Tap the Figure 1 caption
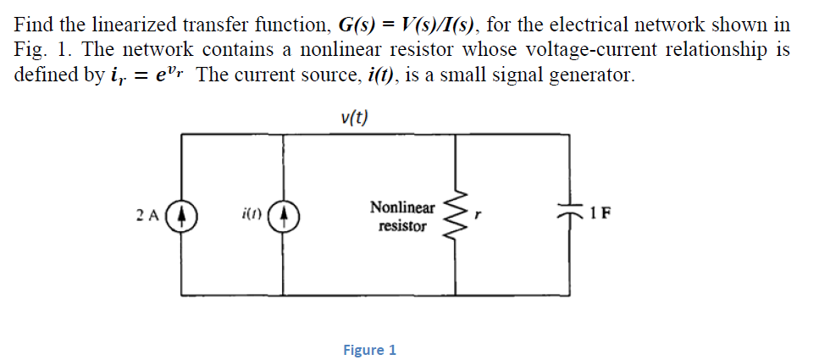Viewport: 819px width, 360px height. (369, 350)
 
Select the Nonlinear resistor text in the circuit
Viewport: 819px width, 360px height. (402, 217)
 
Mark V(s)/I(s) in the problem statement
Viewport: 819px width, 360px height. (410, 25)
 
